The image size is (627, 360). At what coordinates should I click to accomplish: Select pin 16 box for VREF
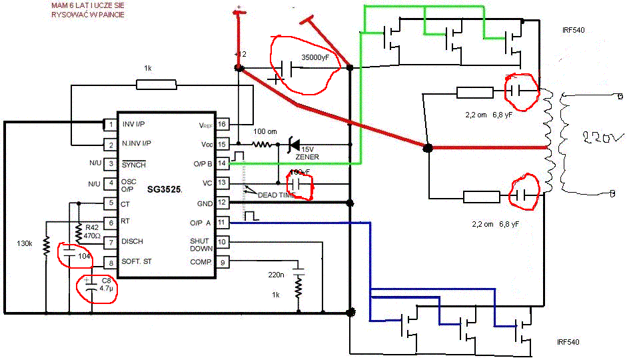pos(223,124)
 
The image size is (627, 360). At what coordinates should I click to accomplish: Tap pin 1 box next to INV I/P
pos(110,124)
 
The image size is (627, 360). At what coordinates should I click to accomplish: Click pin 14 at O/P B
pos(223,163)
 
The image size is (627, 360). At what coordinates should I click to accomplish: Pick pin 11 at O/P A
pos(223,222)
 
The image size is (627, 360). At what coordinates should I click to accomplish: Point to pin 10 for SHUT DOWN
pos(223,242)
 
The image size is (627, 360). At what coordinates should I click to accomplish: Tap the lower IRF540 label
pos(568,342)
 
